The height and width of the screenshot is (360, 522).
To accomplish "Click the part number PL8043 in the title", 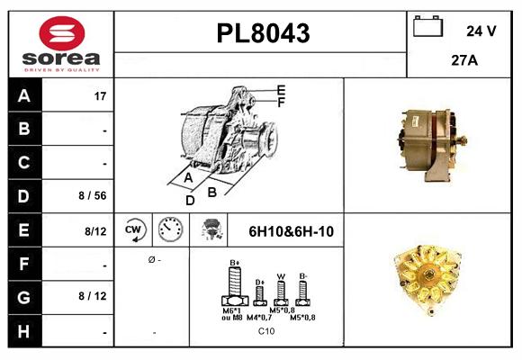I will [263, 34].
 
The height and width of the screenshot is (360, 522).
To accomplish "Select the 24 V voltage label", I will [481, 31].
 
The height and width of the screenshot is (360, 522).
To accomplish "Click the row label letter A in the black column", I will [23, 95].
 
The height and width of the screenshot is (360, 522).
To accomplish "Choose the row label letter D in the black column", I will [23, 194].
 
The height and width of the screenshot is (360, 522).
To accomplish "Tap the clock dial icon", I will [170, 229].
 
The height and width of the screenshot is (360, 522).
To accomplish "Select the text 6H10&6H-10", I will [290, 231].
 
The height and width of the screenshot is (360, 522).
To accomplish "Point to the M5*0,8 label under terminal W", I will [282, 310].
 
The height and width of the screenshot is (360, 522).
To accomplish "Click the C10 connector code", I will [266, 331].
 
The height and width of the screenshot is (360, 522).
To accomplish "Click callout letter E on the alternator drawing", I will [282, 90].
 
